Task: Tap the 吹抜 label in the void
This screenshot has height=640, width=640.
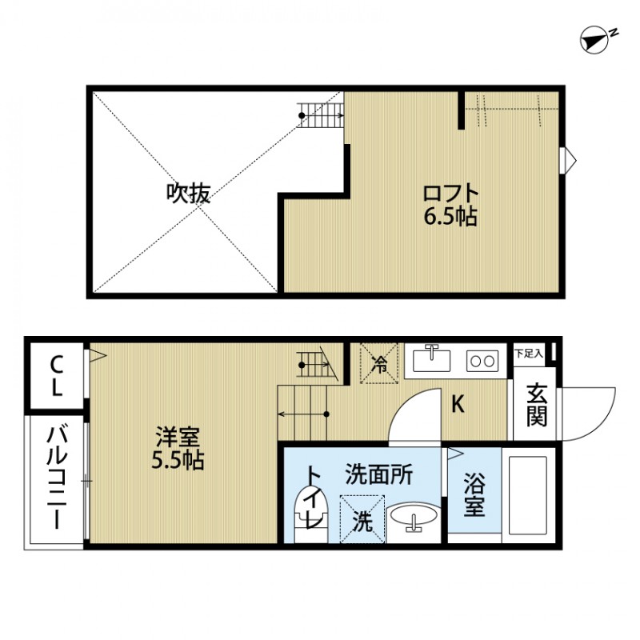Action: click(189, 193)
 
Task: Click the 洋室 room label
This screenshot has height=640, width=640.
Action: click(178, 438)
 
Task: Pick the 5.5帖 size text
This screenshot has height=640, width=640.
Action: click(178, 460)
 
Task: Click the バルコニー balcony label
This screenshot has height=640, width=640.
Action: click(56, 479)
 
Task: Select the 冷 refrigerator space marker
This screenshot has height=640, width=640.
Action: click(380, 364)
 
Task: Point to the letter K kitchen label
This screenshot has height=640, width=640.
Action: click(458, 405)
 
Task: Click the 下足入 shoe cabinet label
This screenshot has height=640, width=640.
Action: click(528, 352)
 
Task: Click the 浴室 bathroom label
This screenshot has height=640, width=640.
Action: click(474, 494)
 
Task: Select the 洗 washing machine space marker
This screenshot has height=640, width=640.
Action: click(362, 521)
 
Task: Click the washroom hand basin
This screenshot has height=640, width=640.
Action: click(414, 519)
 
